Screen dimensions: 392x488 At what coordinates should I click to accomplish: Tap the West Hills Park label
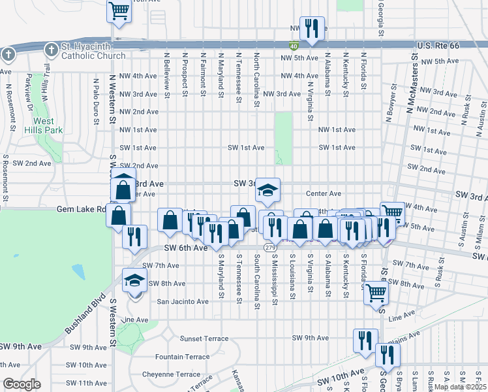[x=44, y=126]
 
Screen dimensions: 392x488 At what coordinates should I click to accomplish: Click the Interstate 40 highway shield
[x=294, y=45]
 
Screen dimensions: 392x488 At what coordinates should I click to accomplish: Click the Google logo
[x=22, y=384]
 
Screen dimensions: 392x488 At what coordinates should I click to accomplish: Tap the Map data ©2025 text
[x=460, y=386]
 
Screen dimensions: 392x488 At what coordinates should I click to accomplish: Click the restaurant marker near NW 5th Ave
[x=312, y=28]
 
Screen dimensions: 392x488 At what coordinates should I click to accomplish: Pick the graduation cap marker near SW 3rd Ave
[x=267, y=189]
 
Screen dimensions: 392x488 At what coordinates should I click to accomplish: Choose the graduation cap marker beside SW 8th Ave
[x=135, y=281]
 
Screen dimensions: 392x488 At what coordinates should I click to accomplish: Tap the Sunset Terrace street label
[x=204, y=338]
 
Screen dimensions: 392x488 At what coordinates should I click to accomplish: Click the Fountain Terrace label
[x=182, y=357]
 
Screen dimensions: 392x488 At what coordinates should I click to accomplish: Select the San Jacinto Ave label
[x=183, y=301]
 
